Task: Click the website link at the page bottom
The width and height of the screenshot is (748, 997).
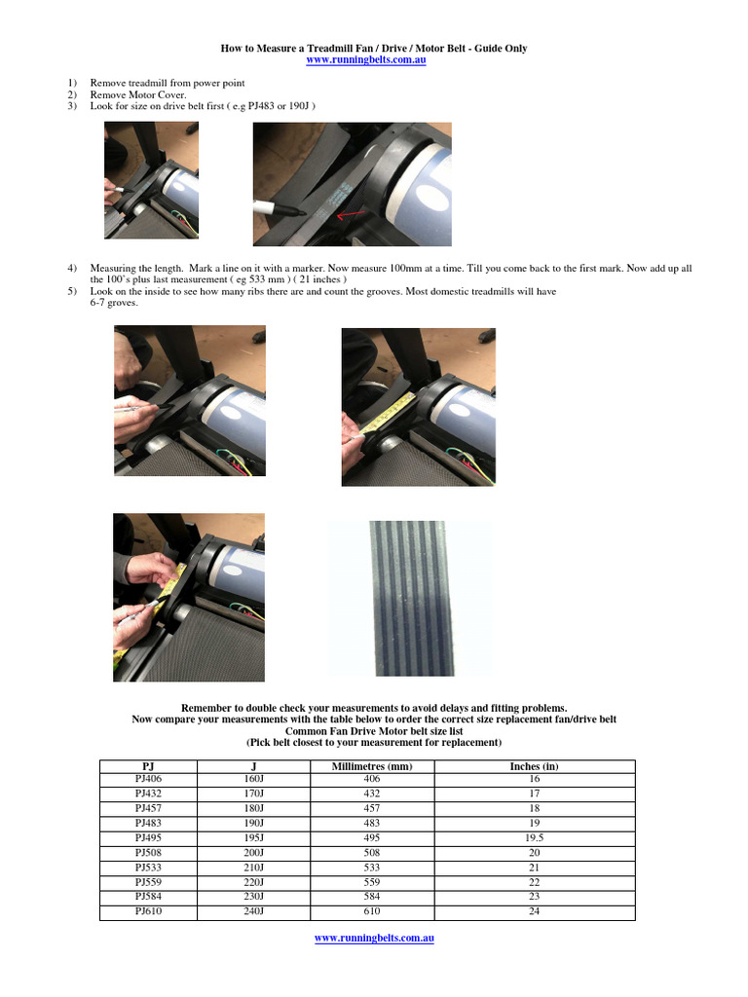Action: pos(373,938)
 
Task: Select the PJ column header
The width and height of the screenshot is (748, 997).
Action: pos(148,766)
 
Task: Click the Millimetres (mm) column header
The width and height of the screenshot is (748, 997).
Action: pos(373,766)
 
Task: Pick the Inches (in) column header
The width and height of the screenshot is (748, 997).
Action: pos(534,766)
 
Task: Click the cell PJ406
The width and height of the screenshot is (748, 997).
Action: pos(148,780)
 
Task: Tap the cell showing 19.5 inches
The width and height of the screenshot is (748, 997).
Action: pos(534,838)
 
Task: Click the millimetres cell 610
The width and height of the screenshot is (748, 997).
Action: pos(373,911)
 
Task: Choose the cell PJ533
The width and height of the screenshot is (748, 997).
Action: pos(148,868)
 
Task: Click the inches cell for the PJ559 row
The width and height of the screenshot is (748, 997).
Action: pos(534,882)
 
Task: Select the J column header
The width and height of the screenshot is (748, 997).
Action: pos(253,766)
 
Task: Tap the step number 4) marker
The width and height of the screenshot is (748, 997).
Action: pos(72,268)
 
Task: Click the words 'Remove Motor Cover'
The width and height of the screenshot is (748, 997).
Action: pos(137,95)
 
